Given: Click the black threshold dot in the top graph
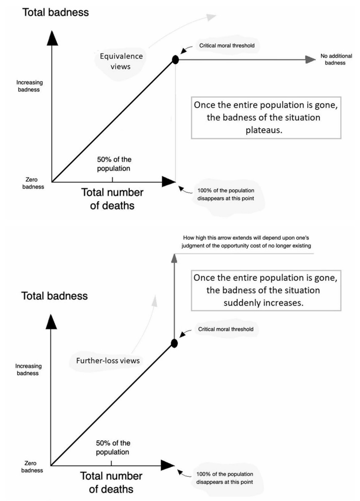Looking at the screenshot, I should coord(175,60).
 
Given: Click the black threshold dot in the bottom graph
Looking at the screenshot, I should coord(174,343).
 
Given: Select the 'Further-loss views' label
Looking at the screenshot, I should coord(108,361).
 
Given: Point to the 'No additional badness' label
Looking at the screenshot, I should coord(333,60).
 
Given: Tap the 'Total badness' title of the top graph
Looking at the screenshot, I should coord(56,12).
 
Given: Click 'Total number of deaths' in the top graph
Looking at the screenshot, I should coord(112,199).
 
